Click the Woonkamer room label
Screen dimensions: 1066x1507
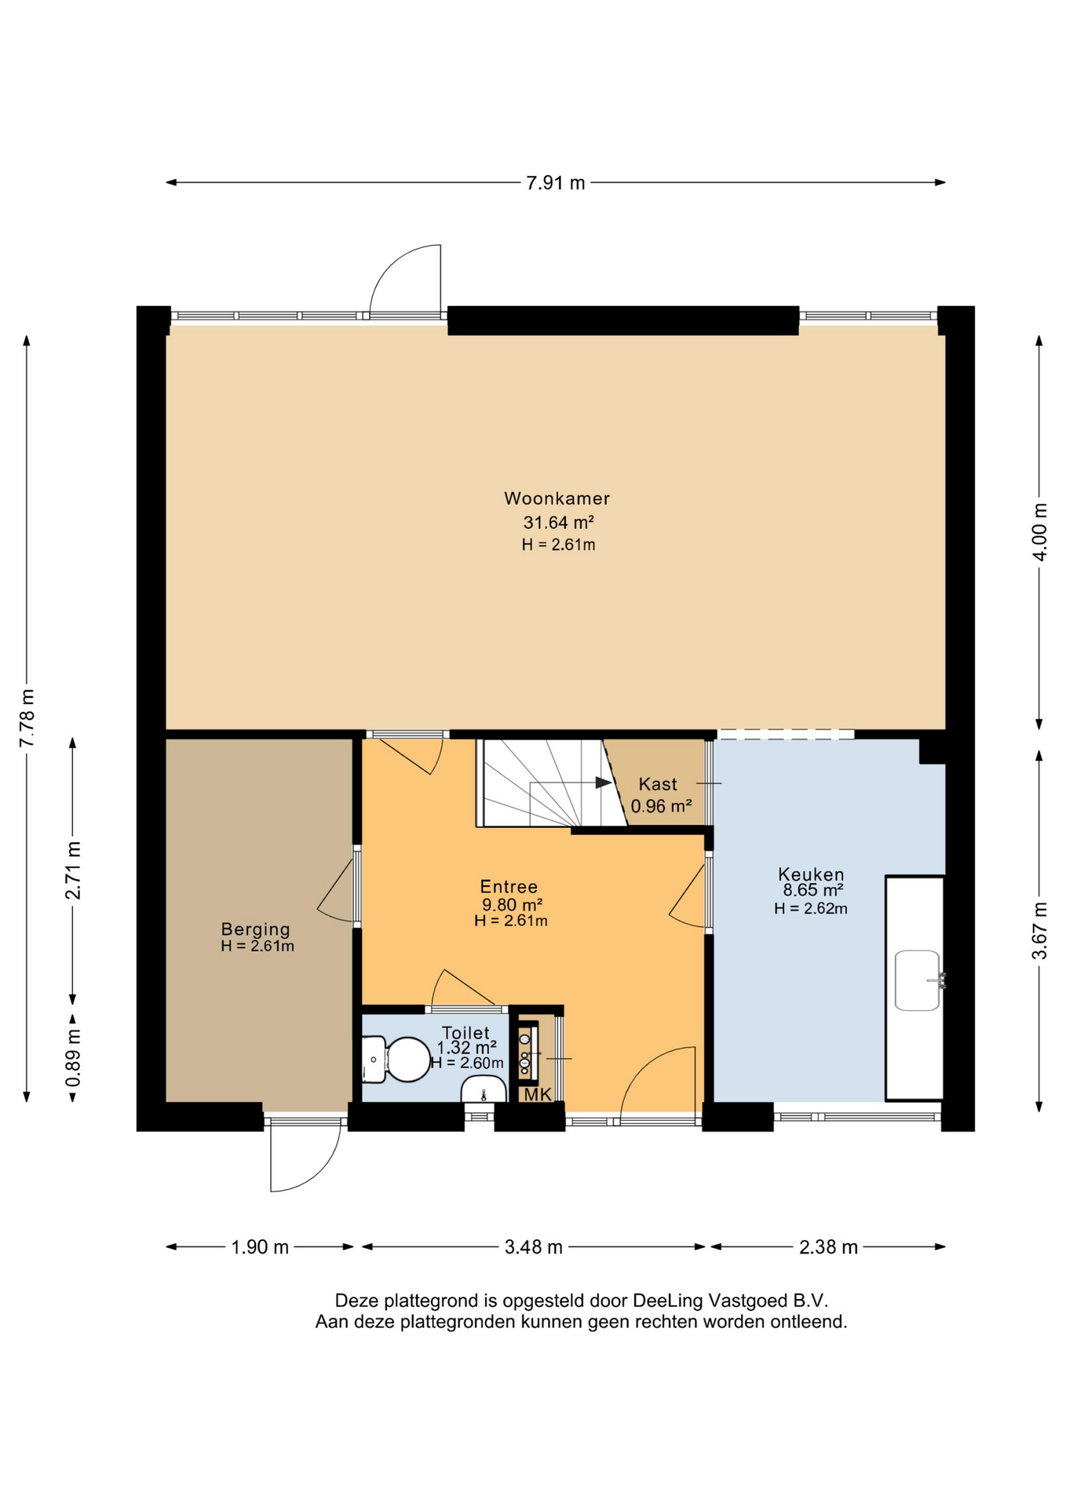point(557,498)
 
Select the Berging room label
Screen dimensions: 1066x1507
point(256,930)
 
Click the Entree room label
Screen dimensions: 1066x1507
point(509,887)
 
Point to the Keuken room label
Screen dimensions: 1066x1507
point(811,874)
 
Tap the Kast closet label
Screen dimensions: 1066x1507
point(658,784)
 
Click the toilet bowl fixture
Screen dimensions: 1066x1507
point(396,1059)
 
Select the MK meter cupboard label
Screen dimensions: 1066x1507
point(538,1094)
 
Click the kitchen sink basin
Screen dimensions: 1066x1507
point(918,980)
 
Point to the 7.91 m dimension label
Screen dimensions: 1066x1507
point(556,183)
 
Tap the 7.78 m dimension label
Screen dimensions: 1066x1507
point(27,718)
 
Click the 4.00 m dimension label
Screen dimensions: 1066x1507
point(1039,531)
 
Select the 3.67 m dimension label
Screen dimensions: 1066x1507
point(1039,931)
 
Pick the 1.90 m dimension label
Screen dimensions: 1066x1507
point(260,1247)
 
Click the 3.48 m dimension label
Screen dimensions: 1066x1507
point(534,1247)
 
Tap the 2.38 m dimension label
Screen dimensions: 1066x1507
point(828,1247)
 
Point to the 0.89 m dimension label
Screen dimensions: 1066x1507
point(73,1058)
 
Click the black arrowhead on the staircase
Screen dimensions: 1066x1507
point(603,783)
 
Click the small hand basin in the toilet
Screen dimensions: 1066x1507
point(484,1090)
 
